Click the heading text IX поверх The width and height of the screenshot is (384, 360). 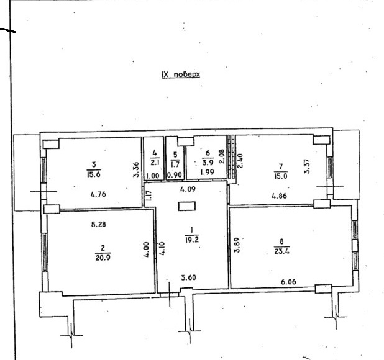click(x=181, y=74)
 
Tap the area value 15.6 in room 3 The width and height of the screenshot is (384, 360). click(x=94, y=174)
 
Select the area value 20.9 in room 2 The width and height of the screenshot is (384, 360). click(x=103, y=258)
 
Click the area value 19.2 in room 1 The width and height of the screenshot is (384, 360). click(x=192, y=240)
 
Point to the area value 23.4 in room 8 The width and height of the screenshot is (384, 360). click(x=281, y=251)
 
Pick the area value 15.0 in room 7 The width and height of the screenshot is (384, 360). click(x=281, y=176)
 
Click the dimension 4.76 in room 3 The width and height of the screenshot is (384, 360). click(x=98, y=194)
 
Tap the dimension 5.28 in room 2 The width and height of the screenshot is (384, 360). click(x=98, y=224)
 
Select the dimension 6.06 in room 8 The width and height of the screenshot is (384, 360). click(x=288, y=282)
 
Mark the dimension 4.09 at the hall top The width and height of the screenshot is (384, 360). click(x=188, y=189)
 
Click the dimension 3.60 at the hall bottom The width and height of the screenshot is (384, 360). click(x=188, y=277)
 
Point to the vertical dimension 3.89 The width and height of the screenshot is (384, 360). click(x=237, y=245)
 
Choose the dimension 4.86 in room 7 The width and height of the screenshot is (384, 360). click(x=280, y=196)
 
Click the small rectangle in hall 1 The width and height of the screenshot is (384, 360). click(x=187, y=206)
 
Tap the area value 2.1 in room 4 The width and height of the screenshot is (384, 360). click(x=155, y=163)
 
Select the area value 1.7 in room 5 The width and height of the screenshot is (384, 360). click(x=175, y=164)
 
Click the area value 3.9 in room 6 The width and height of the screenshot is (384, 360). click(x=208, y=162)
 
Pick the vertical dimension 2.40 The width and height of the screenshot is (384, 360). click(x=240, y=161)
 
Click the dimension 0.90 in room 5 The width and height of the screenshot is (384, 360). click(x=175, y=175)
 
